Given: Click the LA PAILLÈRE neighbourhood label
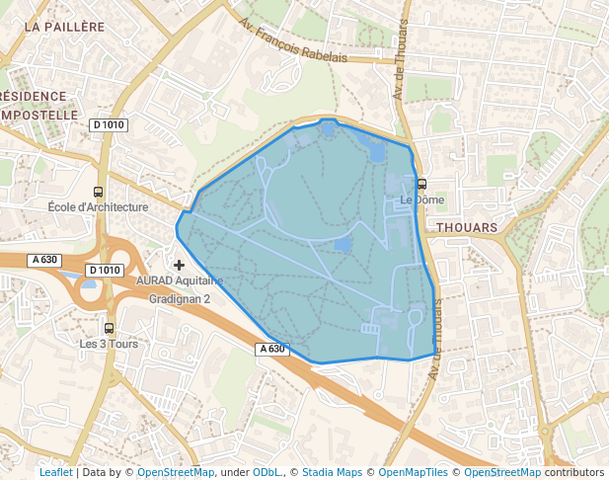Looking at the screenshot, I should (x=64, y=27).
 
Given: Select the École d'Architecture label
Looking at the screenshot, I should (x=98, y=207).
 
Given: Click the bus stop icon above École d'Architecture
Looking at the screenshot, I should (x=98, y=192).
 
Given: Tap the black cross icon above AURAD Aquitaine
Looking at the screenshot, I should (x=179, y=265).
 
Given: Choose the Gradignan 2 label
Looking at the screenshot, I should (x=180, y=298).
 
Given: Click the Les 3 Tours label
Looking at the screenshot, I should (x=109, y=344).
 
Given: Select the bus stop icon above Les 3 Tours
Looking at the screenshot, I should (x=109, y=328).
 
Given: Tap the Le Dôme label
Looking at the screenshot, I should (x=421, y=200).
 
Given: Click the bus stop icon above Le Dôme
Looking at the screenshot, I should (x=421, y=184).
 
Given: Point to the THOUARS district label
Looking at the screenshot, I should (x=466, y=227).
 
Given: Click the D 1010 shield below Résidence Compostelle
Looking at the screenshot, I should (x=109, y=124).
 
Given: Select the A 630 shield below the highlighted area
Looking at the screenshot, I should (x=274, y=349).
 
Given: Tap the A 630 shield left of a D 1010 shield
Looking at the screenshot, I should (x=44, y=260).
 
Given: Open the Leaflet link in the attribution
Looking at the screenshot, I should (x=55, y=472).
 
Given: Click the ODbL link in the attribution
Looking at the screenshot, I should (x=266, y=472).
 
